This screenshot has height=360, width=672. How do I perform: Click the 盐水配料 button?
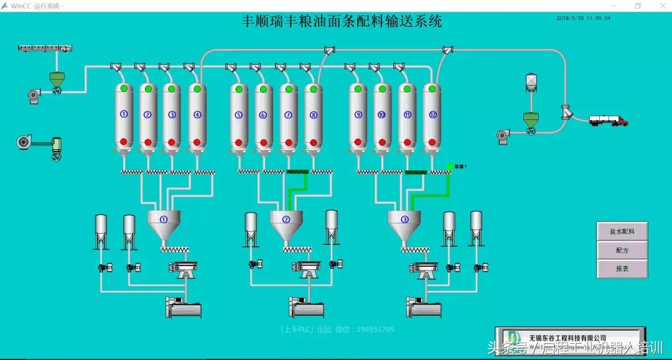[622, 231]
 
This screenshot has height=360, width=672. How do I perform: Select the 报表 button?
[622, 269]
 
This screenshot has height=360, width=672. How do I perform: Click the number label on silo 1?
[124, 114]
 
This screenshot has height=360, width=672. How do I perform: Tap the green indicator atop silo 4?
[197, 89]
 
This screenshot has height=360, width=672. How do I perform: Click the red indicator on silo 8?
[313, 142]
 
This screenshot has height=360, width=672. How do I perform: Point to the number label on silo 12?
[432, 114]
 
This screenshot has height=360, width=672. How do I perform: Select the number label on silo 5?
[239, 114]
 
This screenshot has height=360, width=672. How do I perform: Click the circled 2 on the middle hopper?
[286, 219]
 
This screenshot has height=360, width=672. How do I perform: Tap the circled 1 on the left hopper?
[164, 219]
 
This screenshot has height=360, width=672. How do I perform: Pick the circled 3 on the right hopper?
[404, 219]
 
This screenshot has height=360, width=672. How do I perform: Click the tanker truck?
[609, 121]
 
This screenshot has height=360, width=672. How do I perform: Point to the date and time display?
[583, 18]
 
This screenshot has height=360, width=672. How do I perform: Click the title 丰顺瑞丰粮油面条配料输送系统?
[342, 21]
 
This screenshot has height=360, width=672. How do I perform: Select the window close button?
[661, 6]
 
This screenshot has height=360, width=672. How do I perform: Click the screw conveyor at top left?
[46, 48]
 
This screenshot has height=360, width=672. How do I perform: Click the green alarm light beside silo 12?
[449, 167]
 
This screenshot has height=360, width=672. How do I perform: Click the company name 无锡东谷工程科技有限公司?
[567, 338]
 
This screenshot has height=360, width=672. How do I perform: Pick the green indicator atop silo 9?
[358, 89]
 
